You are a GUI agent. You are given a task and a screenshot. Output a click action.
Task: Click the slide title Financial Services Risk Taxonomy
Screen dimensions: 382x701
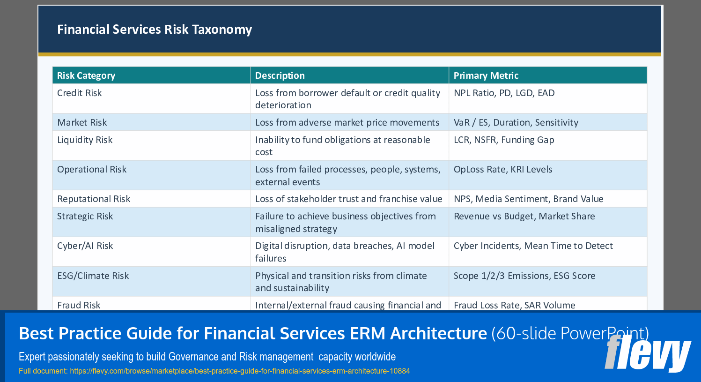(x=154, y=30)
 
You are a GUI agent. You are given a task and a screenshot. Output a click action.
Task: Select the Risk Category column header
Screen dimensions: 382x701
(x=86, y=75)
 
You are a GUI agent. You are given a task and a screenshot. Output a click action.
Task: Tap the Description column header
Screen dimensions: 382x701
(x=280, y=75)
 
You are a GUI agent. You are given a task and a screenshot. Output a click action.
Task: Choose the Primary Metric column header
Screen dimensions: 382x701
(x=486, y=75)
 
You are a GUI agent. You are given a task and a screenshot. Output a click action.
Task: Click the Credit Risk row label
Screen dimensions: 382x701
(x=79, y=93)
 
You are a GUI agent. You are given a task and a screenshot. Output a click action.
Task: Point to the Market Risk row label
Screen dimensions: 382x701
(x=82, y=122)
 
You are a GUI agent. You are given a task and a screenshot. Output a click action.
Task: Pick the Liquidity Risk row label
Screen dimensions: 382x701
(x=85, y=140)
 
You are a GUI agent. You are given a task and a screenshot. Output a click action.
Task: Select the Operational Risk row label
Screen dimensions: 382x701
(x=92, y=169)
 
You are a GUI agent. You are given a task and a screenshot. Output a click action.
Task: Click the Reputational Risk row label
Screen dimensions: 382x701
(x=94, y=199)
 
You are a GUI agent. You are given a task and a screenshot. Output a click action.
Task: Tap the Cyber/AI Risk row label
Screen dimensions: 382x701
(x=85, y=246)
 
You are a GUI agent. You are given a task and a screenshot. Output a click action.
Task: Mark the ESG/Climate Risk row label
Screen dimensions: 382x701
(x=93, y=276)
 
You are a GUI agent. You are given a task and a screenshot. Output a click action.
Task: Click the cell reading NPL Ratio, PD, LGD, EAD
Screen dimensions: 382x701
(x=504, y=93)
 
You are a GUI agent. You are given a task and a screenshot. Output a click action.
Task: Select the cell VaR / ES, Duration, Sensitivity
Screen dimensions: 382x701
(x=516, y=122)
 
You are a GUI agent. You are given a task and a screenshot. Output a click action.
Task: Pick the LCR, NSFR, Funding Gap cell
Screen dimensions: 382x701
(x=503, y=140)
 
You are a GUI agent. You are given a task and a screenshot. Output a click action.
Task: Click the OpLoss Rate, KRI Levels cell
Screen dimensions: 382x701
(x=502, y=169)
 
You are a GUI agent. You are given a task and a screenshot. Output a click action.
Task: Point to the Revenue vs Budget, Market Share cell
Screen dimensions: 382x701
(x=524, y=216)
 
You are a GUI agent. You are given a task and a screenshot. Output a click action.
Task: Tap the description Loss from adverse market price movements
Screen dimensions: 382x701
(x=347, y=122)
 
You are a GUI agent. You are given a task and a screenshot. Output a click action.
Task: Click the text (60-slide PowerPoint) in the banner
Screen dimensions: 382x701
(x=569, y=333)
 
